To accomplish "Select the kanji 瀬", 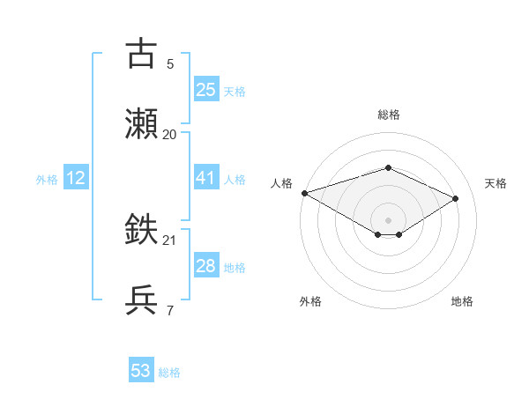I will click(142, 123).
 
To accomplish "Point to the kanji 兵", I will click(142, 300).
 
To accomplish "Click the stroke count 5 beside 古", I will click(170, 63).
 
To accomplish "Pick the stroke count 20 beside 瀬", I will click(170, 134).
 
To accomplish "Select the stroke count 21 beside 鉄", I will click(170, 240).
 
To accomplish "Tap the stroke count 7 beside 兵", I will click(170, 310).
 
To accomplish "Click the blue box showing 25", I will click(205, 90).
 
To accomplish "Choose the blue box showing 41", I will click(205, 178).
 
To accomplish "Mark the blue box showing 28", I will click(205, 266).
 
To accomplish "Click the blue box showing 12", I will click(76, 178).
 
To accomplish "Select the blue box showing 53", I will click(141, 371).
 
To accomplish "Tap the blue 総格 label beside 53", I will click(169, 373).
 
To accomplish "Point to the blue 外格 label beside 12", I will click(47, 180).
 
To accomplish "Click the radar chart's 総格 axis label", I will click(388, 115).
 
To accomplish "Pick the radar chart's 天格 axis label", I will click(495, 183).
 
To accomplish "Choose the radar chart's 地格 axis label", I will click(462, 301).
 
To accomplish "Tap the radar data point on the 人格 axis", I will click(304, 193).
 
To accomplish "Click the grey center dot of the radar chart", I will click(388, 219).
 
